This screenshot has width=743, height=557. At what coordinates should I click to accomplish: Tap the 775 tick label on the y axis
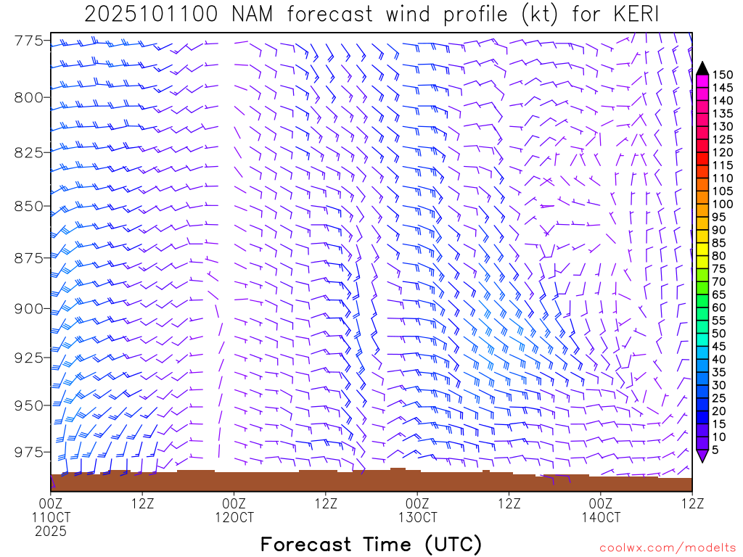(x=33, y=41)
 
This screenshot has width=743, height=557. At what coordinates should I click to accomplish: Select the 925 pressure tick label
(x=33, y=358)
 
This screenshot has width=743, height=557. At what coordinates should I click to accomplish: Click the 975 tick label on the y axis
(x=33, y=453)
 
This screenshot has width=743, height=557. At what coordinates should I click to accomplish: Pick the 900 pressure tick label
(x=33, y=309)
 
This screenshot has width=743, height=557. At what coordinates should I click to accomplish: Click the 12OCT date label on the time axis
(x=234, y=517)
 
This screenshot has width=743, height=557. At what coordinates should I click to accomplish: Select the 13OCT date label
(x=417, y=517)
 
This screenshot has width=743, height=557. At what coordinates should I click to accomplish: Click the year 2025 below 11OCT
(x=51, y=531)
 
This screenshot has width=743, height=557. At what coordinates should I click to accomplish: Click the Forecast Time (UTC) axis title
(x=371, y=544)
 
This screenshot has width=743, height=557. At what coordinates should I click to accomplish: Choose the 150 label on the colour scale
(x=723, y=75)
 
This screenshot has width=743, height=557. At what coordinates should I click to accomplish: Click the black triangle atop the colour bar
(x=702, y=69)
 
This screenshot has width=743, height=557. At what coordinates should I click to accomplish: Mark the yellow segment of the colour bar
(x=702, y=249)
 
